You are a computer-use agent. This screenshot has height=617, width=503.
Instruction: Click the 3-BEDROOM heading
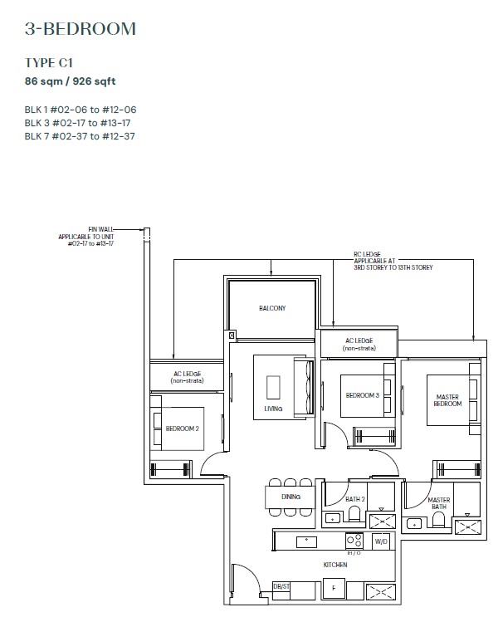click(81, 29)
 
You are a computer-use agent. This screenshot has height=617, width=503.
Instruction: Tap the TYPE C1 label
click(49, 62)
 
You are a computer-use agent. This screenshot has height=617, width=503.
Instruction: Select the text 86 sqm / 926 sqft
click(70, 81)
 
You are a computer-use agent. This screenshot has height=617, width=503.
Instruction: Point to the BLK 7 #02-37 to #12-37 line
click(80, 136)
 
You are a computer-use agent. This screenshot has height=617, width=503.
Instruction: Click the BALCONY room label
click(272, 308)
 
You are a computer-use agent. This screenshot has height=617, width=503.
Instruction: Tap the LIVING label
click(273, 409)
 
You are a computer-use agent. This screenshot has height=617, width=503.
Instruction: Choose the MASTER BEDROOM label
click(447, 400)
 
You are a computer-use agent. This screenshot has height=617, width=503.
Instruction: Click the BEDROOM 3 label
click(362, 395)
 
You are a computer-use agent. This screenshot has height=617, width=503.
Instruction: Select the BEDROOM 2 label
click(182, 428)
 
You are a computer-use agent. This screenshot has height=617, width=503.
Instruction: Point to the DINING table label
click(291, 497)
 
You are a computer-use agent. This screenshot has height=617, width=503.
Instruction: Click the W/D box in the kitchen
click(381, 541)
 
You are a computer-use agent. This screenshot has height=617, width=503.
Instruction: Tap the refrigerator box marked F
click(334, 588)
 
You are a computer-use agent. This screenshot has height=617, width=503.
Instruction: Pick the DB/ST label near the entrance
click(281, 586)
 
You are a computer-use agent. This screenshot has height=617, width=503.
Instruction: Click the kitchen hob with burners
click(354, 541)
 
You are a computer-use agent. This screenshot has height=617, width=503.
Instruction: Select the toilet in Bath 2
click(354, 513)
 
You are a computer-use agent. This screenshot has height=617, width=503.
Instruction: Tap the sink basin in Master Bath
click(414, 524)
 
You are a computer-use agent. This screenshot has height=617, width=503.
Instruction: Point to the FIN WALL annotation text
click(86, 236)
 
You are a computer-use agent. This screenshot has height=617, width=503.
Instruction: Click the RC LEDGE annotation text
click(393, 261)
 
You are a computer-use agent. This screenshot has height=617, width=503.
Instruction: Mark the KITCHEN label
click(335, 565)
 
